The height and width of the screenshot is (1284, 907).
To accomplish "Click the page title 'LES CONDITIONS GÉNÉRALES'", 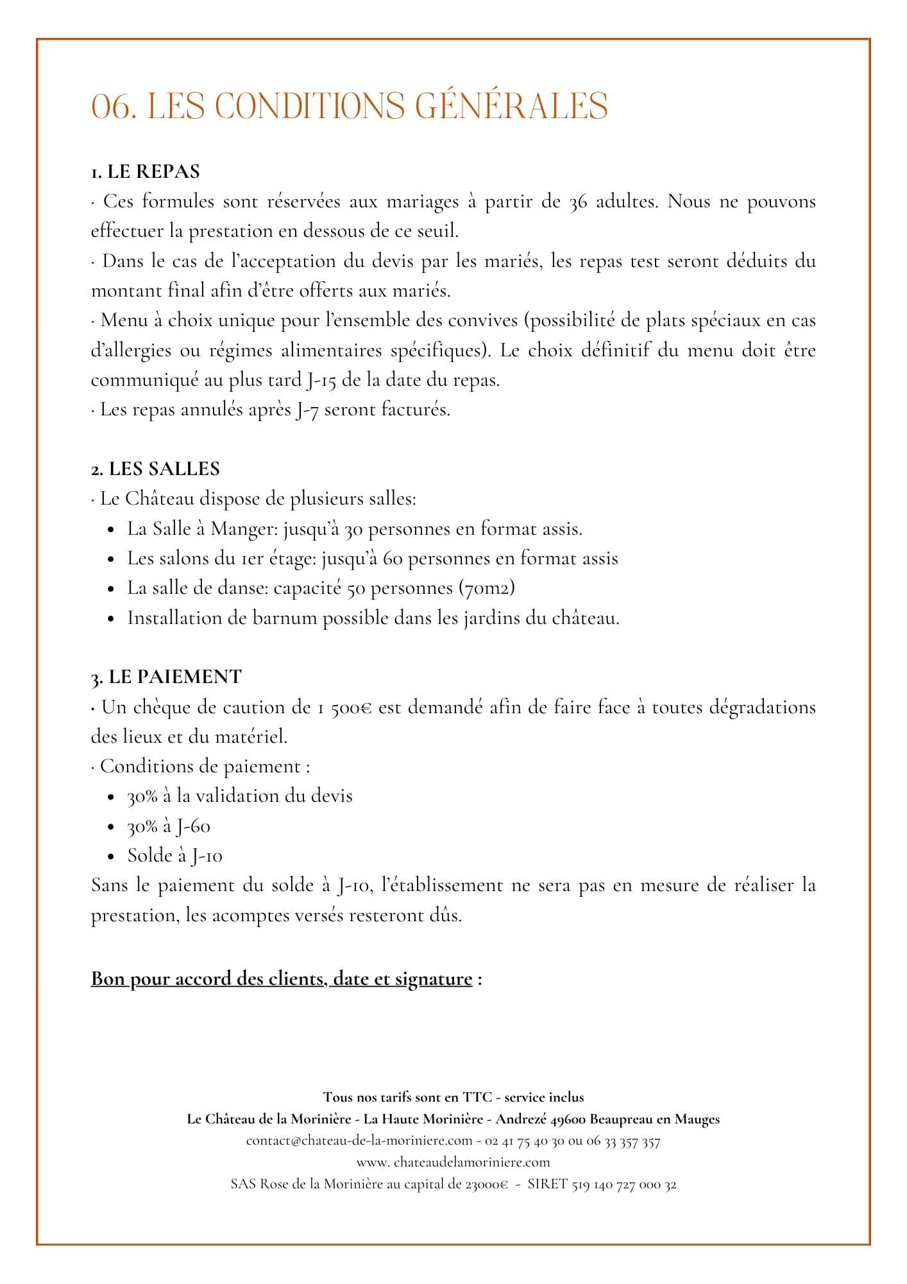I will (377, 106).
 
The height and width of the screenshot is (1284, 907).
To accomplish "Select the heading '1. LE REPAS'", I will (146, 171).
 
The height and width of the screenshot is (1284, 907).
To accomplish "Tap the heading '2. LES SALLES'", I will (155, 469).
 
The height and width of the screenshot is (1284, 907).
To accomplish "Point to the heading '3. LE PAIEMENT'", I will (166, 677).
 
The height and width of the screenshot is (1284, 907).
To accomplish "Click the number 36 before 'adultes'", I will (579, 202).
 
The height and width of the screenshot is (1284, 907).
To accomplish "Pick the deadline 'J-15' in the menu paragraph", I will (318, 380).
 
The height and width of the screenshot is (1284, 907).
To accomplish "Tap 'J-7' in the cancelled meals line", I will (307, 410).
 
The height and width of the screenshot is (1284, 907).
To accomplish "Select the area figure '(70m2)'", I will (487, 588).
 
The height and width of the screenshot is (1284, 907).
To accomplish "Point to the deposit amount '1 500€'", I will (344, 707).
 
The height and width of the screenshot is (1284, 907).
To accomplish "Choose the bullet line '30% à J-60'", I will (169, 826).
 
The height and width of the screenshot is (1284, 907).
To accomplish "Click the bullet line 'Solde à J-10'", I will (175, 856).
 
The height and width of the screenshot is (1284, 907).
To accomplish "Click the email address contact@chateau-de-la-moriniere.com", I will (359, 1141).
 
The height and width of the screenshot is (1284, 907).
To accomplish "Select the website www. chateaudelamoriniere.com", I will (453, 1162).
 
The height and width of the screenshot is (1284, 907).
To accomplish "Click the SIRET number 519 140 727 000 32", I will (623, 1184).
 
